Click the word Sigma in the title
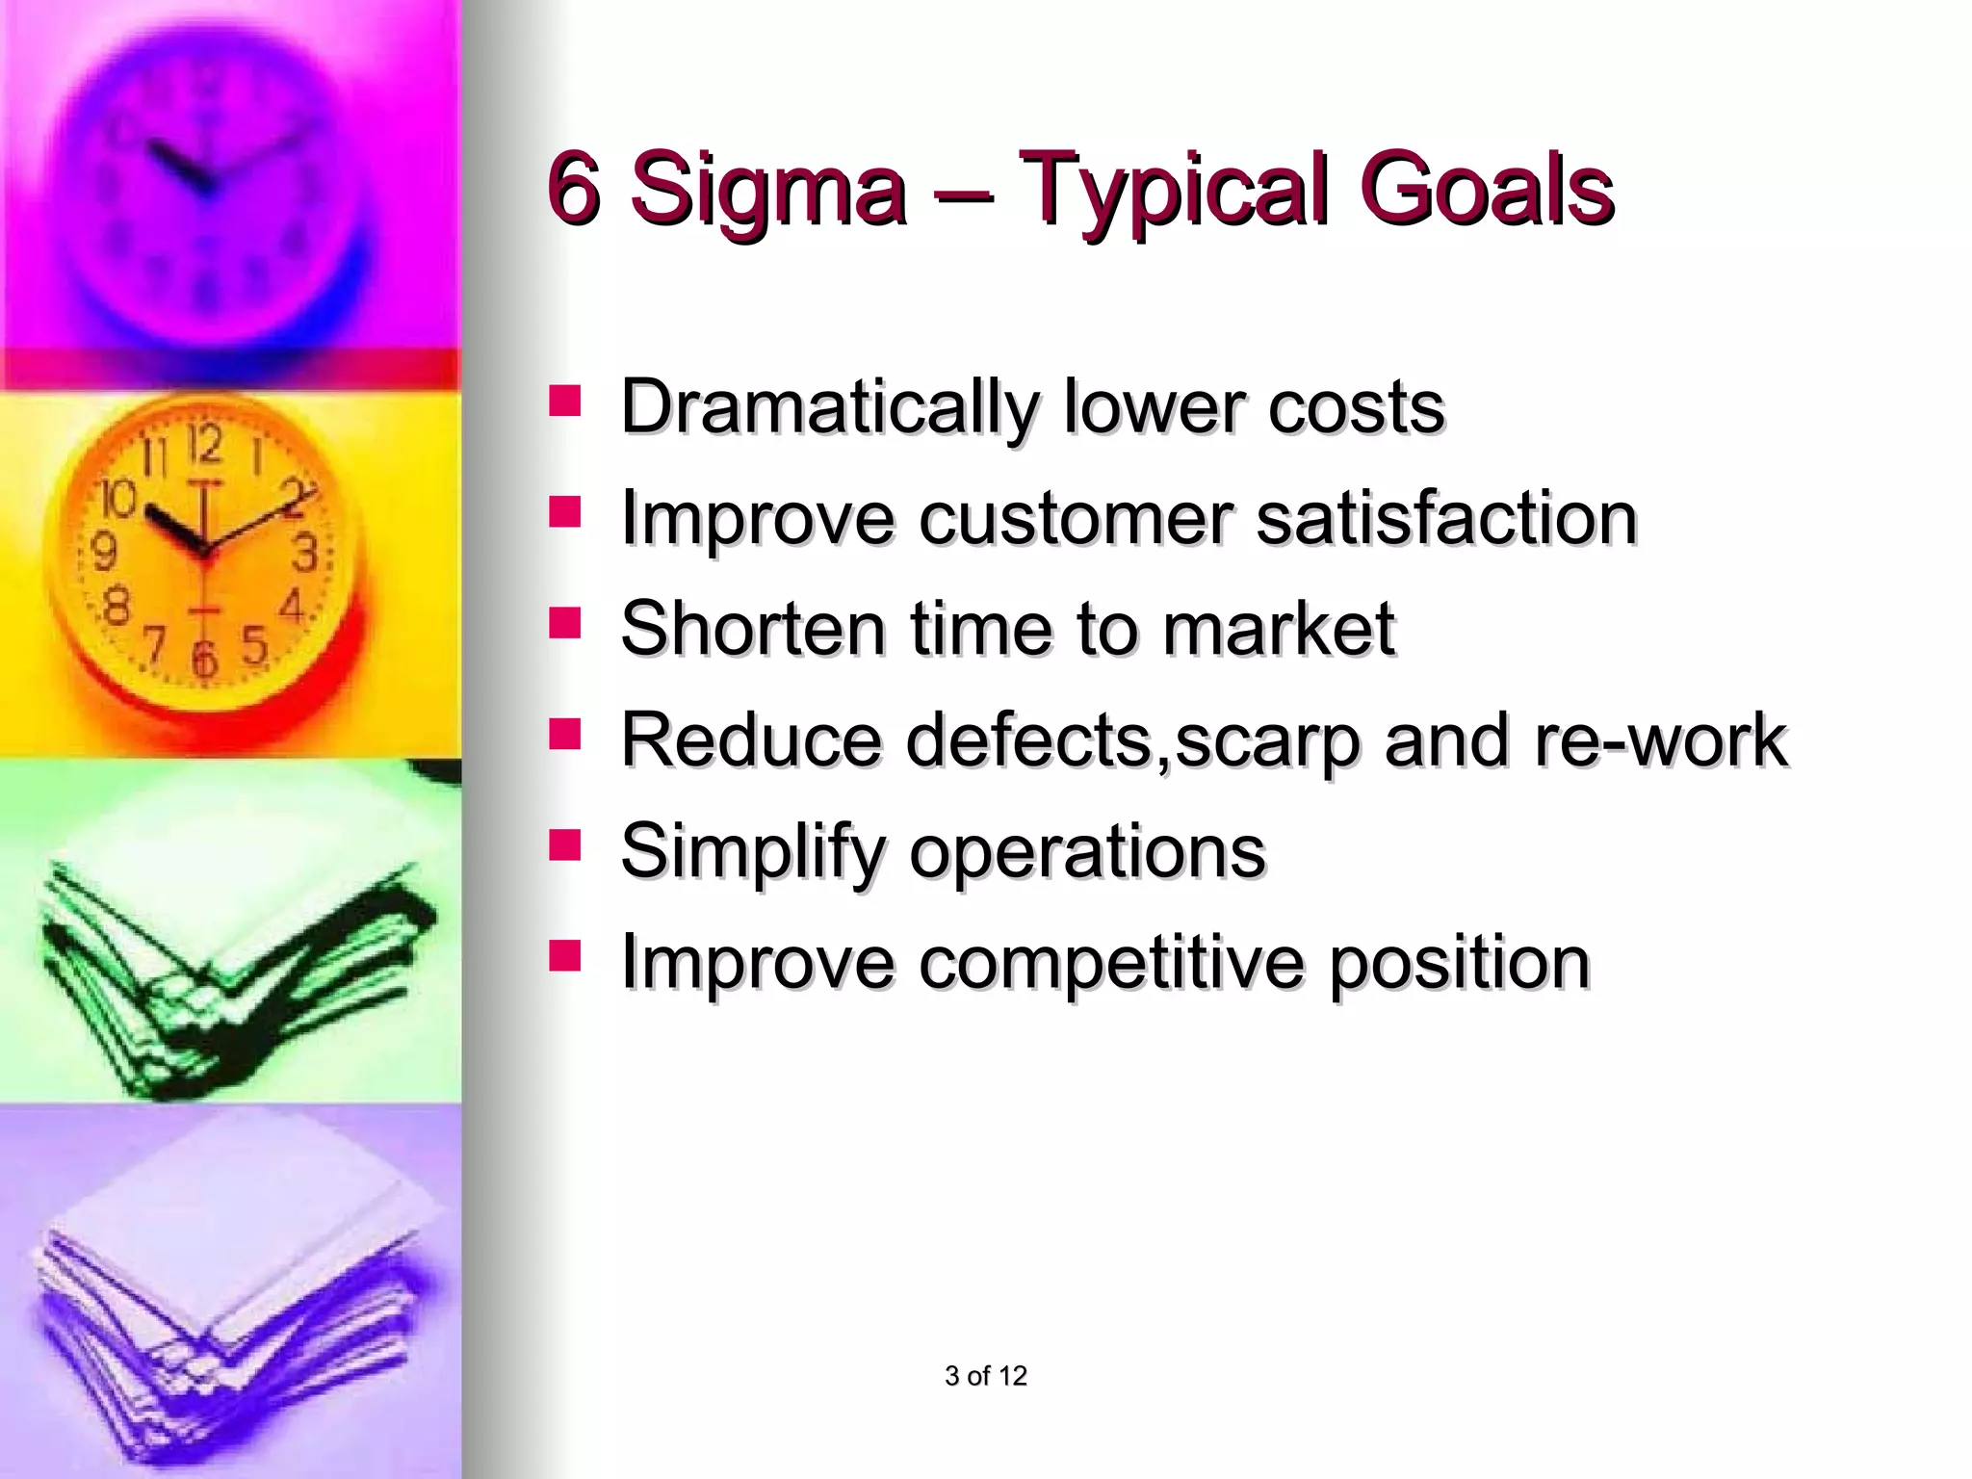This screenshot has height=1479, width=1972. (x=767, y=189)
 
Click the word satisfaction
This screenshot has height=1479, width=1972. (x=1446, y=518)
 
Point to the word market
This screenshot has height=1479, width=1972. (x=1279, y=629)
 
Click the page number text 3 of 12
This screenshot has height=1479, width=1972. (x=986, y=1376)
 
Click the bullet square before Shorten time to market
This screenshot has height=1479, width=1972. (x=564, y=622)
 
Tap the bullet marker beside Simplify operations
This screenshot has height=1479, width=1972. (x=564, y=844)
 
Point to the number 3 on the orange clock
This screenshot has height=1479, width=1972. (x=304, y=553)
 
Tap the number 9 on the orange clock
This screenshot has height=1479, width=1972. (x=104, y=553)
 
